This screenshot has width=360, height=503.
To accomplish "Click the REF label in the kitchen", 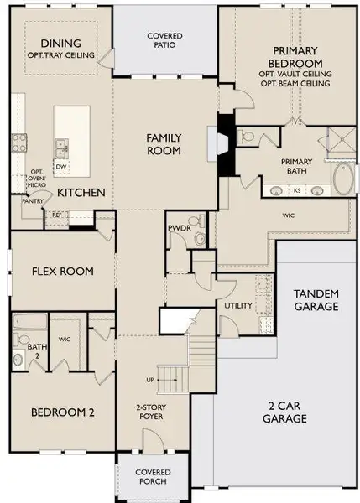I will pos(57,215).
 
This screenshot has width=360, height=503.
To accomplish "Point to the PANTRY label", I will pos(33,201).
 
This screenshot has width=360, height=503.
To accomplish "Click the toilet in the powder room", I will pos(200,240).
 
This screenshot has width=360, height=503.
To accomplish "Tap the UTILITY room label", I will pos(237,306).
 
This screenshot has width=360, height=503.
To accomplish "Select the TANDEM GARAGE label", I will pos(316,299).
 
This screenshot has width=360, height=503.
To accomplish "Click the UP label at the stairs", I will pos(150,380).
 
